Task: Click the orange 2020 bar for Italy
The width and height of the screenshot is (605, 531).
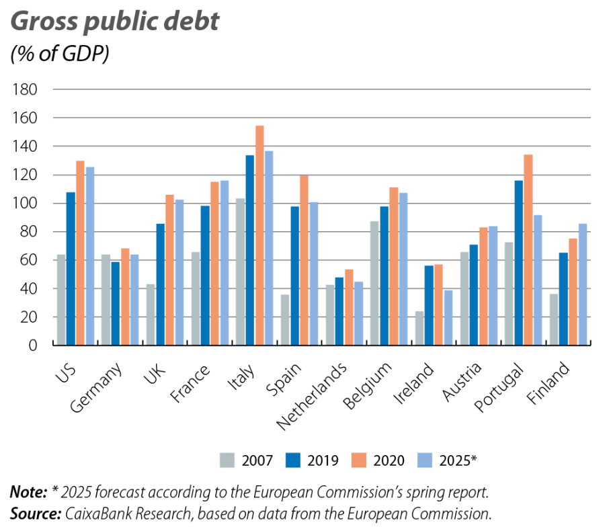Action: [x=259, y=235]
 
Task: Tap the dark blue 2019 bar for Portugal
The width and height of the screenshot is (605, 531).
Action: [x=518, y=262]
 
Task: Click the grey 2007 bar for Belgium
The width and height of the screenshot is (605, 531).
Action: [x=374, y=283]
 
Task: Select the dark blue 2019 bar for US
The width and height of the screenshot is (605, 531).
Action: [x=70, y=269]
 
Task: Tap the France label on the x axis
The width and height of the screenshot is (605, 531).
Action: [x=191, y=384]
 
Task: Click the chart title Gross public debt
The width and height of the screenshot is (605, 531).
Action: [x=114, y=22]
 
